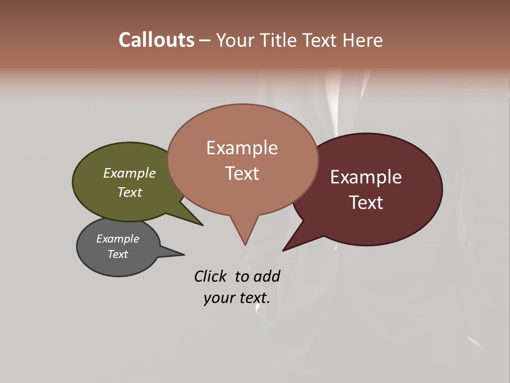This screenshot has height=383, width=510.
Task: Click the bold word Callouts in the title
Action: pyautogui.click(x=156, y=40)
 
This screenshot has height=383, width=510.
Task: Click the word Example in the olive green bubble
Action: pyautogui.click(x=130, y=173)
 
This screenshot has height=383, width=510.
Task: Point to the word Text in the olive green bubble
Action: pyautogui.click(x=130, y=192)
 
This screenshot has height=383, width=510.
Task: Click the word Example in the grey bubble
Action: pyautogui.click(x=118, y=239)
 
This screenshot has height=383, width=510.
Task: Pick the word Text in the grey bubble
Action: pyautogui.click(x=118, y=254)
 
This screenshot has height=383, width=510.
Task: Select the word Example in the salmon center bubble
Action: pyautogui.click(x=242, y=148)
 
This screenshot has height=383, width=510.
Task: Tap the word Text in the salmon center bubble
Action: pyautogui.click(x=242, y=173)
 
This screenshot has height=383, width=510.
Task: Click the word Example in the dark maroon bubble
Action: pyautogui.click(x=366, y=177)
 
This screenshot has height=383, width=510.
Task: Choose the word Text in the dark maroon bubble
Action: pyautogui.click(x=366, y=203)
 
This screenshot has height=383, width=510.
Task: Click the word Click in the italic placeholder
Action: pyautogui.click(x=210, y=276)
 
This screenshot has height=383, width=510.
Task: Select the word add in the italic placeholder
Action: pyautogui.click(x=267, y=276)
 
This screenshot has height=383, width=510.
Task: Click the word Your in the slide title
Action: pyautogui.click(x=234, y=40)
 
